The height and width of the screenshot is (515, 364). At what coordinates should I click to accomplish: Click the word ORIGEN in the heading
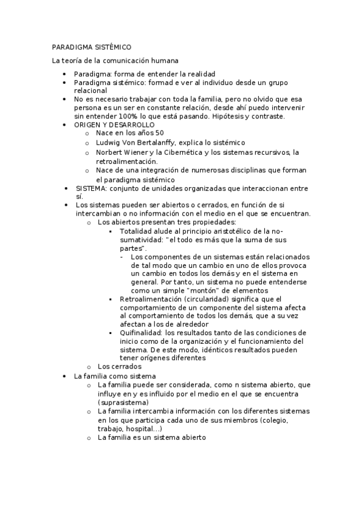point(88,124)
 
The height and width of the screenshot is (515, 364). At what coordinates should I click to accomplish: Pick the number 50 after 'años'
point(159,133)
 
